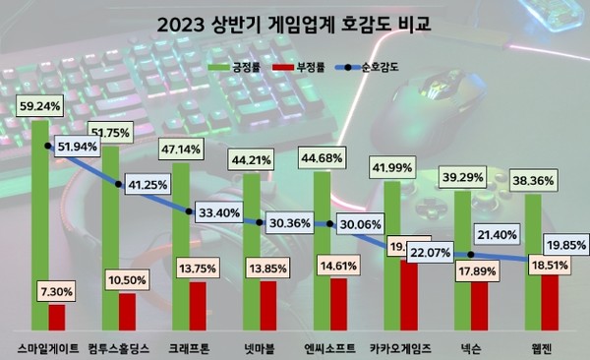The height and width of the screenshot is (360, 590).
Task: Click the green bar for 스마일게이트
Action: coord(40,216)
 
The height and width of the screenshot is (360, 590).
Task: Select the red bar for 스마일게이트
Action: coord(57,317)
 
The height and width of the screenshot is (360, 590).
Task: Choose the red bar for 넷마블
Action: coord(267,306)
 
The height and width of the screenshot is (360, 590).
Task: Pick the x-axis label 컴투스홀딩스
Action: coord(118,346)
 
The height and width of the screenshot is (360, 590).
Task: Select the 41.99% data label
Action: coord(391,167)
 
